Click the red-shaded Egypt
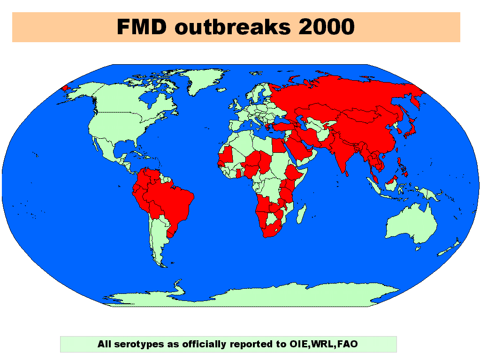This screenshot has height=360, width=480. click(x=279, y=146)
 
